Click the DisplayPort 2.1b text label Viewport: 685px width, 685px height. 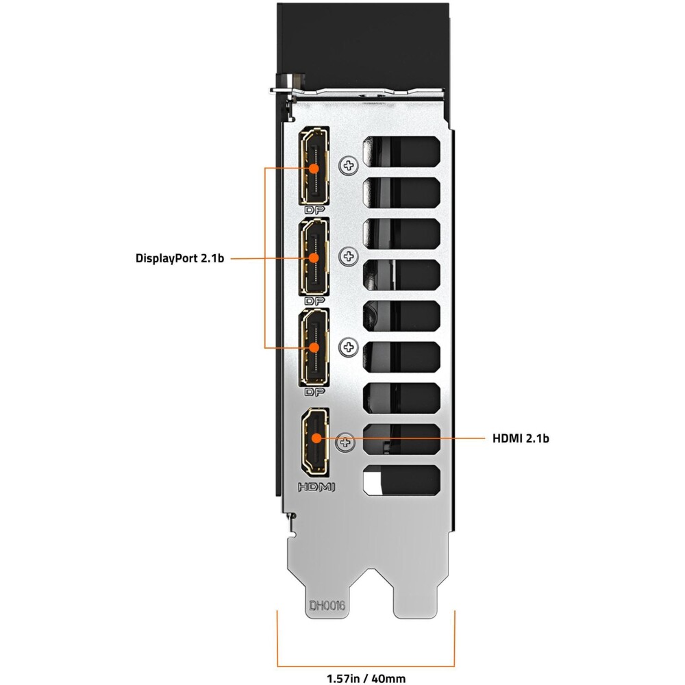coord(179,258)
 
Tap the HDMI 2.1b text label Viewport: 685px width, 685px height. coord(521,438)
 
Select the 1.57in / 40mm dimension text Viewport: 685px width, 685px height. coord(366,678)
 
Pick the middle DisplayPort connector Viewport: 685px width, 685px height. coord(314,257)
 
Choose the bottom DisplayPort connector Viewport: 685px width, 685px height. coord(314,348)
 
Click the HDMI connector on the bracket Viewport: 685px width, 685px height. coord(314,442)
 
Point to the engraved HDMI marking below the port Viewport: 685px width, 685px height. coord(316,486)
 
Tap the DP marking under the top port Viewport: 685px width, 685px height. coord(314,210)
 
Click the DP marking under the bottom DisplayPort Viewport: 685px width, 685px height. coord(314,392)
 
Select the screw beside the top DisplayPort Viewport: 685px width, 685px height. coord(349,166)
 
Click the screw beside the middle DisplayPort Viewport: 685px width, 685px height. coord(349,256)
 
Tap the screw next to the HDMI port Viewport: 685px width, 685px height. coord(345,443)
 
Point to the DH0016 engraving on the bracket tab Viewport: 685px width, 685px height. coord(327,606)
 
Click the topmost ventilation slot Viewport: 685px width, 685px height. coord(401,151)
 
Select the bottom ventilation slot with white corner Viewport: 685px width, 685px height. coord(401,480)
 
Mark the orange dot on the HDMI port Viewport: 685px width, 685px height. coord(315,438)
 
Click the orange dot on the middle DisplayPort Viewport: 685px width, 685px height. coord(314,258)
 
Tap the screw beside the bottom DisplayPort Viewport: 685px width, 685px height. coord(349,347)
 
